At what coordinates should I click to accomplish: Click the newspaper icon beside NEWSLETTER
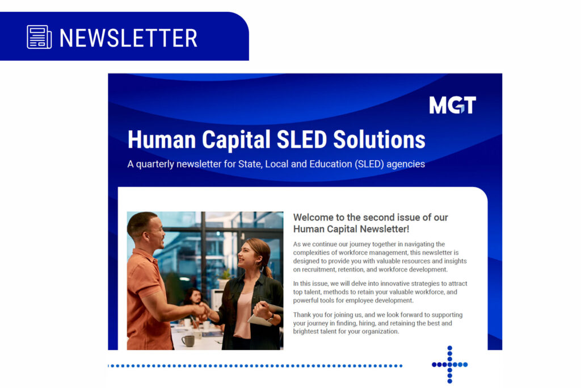pos(39,37)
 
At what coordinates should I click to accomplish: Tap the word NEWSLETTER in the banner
pos(128,38)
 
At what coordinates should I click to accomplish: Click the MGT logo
pos(452,105)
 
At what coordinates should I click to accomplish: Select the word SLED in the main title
pos(302,140)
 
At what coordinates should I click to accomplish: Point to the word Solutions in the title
pos(379,140)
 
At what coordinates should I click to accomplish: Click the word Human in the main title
pos(162,140)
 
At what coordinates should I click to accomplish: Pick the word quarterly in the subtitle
pos(155,164)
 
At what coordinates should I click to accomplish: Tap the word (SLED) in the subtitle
pos(369,164)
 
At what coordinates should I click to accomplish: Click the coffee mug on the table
pos(188,340)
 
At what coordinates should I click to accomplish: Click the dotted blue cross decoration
pos(450,365)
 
